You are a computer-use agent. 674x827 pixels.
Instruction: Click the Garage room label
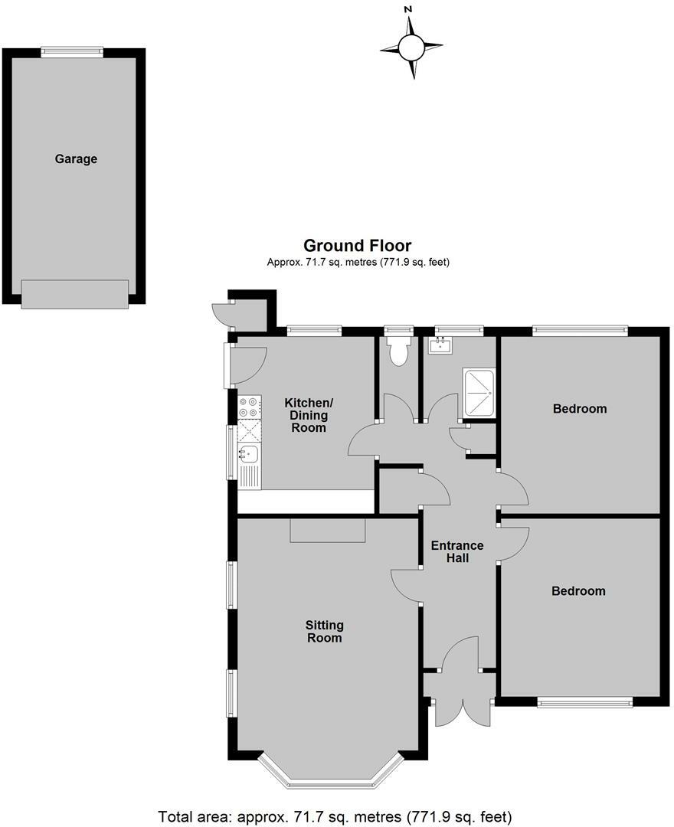[76, 159]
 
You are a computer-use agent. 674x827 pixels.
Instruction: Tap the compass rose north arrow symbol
[411, 48]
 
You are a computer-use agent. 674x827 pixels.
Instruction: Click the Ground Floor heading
[357, 246]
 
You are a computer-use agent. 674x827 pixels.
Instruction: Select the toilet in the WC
[398, 351]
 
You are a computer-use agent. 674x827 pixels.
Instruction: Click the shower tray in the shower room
[479, 392]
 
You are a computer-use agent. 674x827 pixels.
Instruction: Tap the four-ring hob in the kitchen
[250, 407]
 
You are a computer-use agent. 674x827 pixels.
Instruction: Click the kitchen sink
[249, 455]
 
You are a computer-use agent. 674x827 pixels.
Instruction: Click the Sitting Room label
[324, 631]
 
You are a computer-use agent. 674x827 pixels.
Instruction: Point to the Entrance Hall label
[457, 552]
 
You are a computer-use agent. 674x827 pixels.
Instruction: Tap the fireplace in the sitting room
[328, 530]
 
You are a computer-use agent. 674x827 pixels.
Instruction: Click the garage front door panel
[74, 294]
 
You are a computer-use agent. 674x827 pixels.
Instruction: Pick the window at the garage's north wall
[72, 52]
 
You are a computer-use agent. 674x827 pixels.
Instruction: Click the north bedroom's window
[580, 331]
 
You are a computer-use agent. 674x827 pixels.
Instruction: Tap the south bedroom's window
[585, 701]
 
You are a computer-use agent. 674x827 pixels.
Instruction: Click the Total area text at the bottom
[335, 816]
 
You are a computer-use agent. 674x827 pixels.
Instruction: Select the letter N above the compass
[408, 9]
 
